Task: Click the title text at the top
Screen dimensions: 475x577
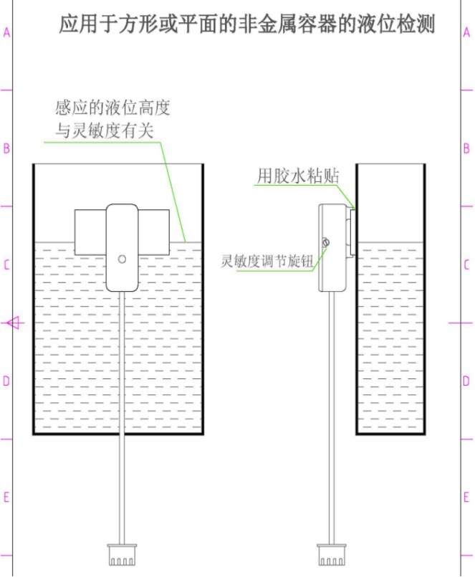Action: click(247, 25)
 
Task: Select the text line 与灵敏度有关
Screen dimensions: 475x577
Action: click(105, 130)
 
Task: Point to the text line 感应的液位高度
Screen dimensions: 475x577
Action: click(112, 109)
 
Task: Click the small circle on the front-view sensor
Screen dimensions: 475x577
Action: click(122, 259)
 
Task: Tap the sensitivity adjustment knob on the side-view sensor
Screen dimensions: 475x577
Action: click(326, 243)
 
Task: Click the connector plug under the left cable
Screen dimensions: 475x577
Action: click(123, 554)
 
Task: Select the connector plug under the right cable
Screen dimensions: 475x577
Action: click(332, 554)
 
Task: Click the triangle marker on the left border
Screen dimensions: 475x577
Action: click(14, 323)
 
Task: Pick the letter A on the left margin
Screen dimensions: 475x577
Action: click(6, 33)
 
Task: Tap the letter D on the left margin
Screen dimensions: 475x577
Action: click(6, 381)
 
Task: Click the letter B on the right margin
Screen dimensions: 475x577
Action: click(466, 149)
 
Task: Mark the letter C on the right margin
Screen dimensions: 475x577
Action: click(466, 265)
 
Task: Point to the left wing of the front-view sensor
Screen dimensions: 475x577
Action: click(90, 232)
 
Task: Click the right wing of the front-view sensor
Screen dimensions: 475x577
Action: click(154, 232)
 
